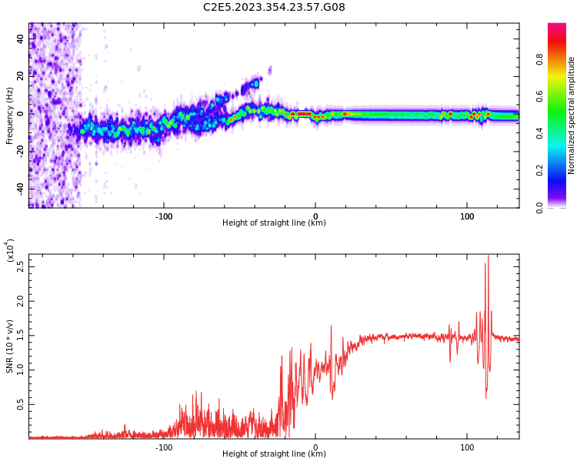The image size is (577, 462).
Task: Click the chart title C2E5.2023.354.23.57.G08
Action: [274, 7]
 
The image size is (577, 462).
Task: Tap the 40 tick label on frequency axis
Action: [21, 38]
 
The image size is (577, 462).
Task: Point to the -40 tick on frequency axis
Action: [21, 188]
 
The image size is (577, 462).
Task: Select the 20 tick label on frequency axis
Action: [21, 75]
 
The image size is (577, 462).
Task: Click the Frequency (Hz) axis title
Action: [10, 115]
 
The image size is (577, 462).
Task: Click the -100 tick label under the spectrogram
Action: [164, 216]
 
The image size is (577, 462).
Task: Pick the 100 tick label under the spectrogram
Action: [467, 216]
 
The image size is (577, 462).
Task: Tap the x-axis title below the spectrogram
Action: [274, 223]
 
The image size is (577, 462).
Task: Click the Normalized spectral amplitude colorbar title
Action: [572, 115]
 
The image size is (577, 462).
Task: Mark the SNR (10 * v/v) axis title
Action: [10, 346]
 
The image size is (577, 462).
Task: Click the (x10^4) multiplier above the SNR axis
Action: [10, 251]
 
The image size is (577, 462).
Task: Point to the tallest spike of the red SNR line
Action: [488, 256]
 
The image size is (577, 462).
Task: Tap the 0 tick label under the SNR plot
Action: [315, 446]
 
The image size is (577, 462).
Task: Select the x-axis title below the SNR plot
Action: [274, 454]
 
